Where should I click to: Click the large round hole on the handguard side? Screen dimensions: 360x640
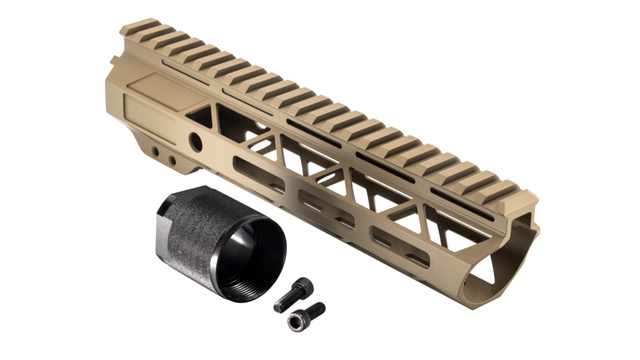click(x=196, y=141)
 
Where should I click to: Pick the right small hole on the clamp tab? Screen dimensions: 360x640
click(x=172, y=160)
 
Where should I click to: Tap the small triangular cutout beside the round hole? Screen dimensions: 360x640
click(x=200, y=116)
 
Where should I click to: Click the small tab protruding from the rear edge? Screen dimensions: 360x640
click(x=114, y=60)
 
